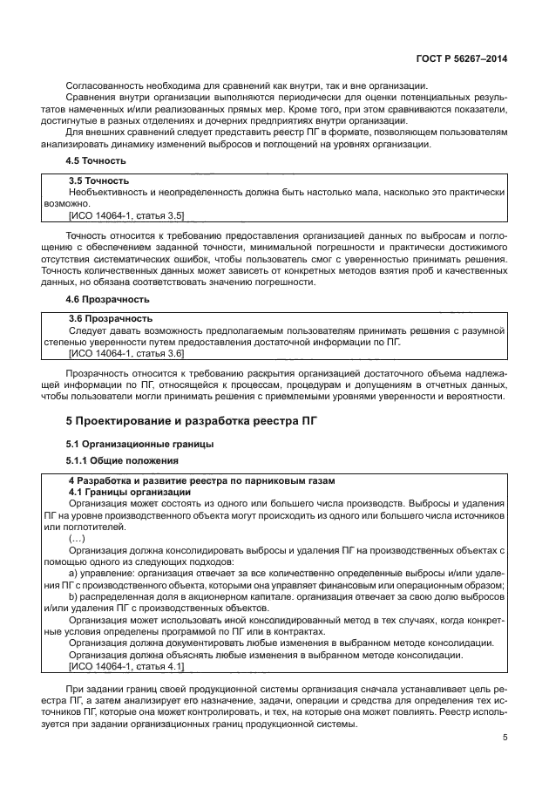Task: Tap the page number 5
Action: tap(505, 738)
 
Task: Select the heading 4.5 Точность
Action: tap(97, 160)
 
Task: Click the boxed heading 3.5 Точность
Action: tap(98, 180)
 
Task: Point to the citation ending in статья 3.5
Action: tap(125, 214)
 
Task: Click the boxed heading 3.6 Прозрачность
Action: tap(110, 319)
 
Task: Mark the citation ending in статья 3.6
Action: tap(125, 353)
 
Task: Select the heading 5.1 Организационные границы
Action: tap(140, 444)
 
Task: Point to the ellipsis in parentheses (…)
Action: tap(77, 539)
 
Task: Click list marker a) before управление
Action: tap(73, 573)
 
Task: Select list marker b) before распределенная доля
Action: tap(73, 597)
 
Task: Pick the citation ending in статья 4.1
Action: tap(125, 665)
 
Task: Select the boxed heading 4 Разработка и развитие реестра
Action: tap(201, 481)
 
